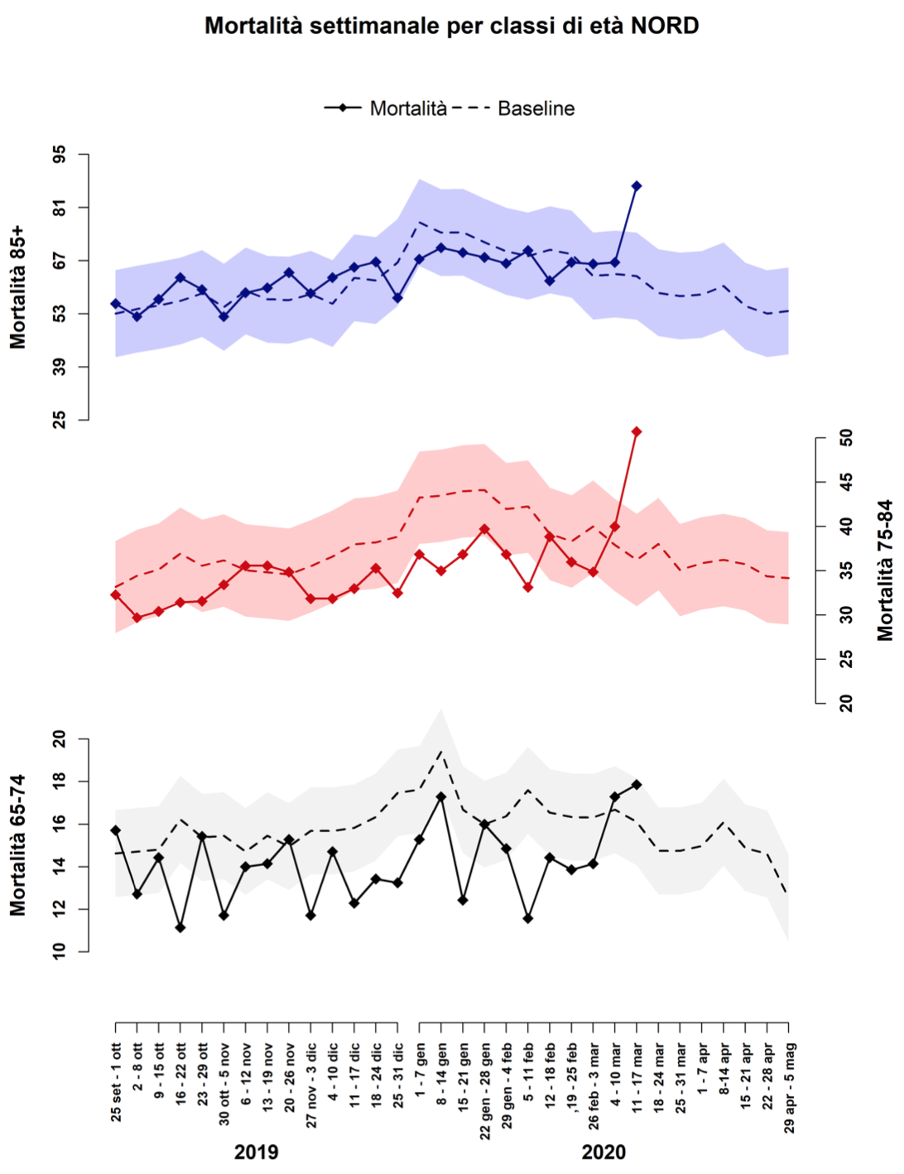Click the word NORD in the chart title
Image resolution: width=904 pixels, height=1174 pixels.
click(x=665, y=26)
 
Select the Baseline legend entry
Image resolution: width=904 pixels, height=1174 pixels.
click(x=536, y=108)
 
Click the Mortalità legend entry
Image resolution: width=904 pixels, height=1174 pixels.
click(x=408, y=108)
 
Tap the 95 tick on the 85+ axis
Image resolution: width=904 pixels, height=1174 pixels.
click(x=60, y=155)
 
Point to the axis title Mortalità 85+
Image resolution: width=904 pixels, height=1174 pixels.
click(x=18, y=286)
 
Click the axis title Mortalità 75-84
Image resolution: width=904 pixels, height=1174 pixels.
click(x=885, y=570)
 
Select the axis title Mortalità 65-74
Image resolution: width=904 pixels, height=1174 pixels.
click(x=18, y=844)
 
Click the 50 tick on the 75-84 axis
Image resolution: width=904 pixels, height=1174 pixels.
click(x=846, y=438)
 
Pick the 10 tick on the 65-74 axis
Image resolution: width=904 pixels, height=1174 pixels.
click(x=60, y=952)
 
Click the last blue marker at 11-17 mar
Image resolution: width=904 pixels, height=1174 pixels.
click(x=637, y=186)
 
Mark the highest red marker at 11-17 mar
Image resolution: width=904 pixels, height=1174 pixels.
click(x=637, y=432)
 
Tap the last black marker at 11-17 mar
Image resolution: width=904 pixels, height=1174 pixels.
click(x=637, y=784)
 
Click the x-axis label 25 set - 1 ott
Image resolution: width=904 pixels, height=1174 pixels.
click(x=116, y=1083)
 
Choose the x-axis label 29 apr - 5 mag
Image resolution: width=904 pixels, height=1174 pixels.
click(x=789, y=1088)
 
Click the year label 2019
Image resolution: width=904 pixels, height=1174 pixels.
click(x=257, y=1152)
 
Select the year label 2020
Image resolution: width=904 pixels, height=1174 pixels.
click(x=603, y=1152)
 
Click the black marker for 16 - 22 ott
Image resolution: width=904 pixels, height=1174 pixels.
click(x=180, y=927)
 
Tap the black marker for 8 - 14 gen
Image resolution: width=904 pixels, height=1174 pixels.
click(x=441, y=796)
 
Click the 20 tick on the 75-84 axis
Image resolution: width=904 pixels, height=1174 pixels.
click(x=846, y=703)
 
